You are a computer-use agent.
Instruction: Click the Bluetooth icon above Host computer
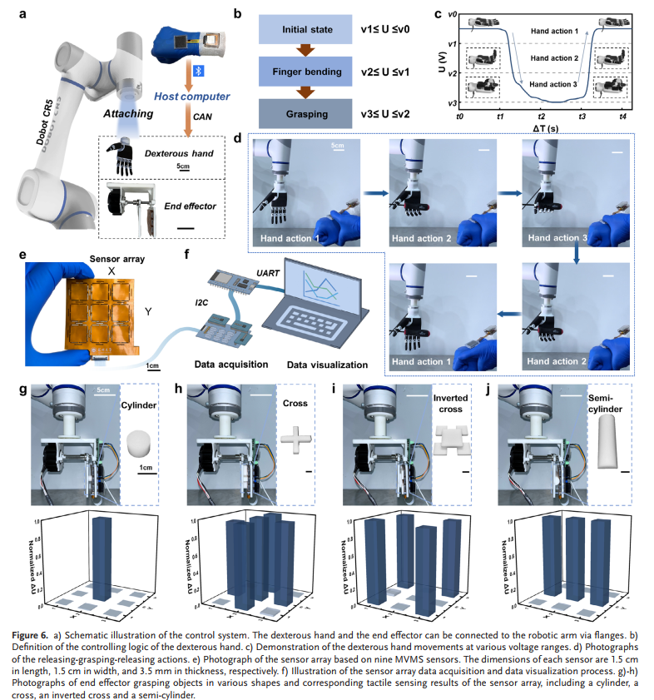click(x=199, y=72)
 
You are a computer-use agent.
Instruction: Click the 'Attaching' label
click(x=128, y=113)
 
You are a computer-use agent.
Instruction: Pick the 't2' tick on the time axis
click(x=541, y=118)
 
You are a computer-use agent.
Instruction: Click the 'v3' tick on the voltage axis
click(x=450, y=103)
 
